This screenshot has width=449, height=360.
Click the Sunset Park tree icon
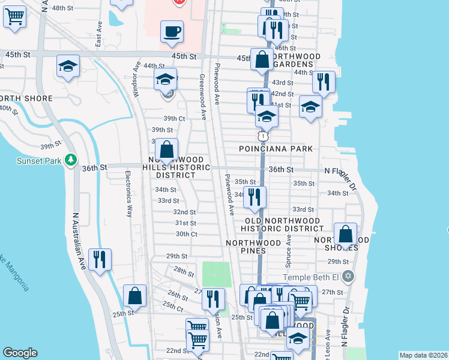(x=71, y=160)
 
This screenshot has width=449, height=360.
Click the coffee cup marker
(x=172, y=31)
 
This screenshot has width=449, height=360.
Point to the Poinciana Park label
(x=276, y=148)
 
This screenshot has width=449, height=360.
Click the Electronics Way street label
(x=128, y=194)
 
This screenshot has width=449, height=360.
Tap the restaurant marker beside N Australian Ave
(x=100, y=259)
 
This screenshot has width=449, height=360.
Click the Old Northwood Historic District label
(x=282, y=224)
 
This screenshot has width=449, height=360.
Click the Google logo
(x=20, y=353)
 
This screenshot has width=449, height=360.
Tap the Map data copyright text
(x=423, y=355)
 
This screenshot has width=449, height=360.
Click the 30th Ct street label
(x=186, y=234)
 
